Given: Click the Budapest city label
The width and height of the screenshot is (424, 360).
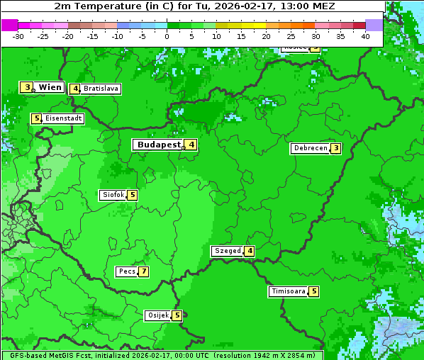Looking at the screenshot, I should (158, 145).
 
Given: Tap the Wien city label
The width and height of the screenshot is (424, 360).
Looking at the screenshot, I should (50, 87).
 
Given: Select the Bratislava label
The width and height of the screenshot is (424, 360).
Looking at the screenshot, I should (101, 89).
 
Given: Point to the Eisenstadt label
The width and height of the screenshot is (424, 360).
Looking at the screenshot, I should (64, 118).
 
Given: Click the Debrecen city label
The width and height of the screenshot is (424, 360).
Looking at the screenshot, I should (310, 149).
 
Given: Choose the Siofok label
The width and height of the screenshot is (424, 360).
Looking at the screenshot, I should (113, 195).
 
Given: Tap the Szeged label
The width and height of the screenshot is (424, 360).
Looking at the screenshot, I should (228, 251).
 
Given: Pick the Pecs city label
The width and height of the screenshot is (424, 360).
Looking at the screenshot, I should (127, 271).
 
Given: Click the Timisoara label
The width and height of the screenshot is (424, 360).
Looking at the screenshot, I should (289, 291).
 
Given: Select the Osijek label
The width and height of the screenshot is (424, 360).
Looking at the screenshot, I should (157, 315).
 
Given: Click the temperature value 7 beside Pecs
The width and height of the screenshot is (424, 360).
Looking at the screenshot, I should (143, 271).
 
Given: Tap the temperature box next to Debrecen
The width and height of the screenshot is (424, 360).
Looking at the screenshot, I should (335, 149).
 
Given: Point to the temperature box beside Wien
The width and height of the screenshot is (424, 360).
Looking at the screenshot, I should (27, 87).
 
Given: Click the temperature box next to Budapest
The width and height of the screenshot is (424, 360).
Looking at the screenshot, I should (191, 145).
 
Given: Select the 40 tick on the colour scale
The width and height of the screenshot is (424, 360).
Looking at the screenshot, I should (365, 36).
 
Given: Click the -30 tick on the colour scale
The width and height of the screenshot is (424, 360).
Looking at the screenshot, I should (18, 36).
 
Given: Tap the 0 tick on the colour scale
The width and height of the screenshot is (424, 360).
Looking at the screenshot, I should (167, 36).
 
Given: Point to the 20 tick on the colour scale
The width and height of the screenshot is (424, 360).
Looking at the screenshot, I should (266, 36).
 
